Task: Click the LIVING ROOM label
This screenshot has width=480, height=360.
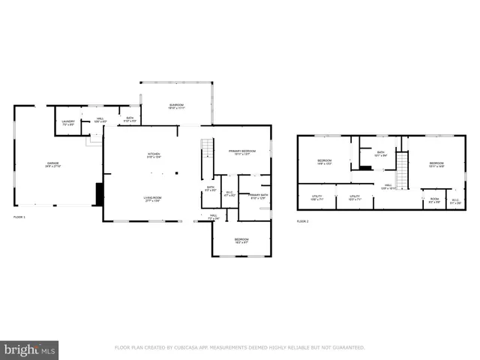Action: (153, 198)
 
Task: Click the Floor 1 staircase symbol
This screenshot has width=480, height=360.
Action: (207, 148)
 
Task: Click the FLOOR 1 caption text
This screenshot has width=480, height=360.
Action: (19, 217)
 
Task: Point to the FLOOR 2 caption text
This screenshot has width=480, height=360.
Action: (302, 221)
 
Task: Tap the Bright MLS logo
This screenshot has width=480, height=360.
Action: (29, 350)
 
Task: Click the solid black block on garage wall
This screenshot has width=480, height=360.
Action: (98, 194)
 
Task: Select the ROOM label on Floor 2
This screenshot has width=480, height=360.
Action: (434, 199)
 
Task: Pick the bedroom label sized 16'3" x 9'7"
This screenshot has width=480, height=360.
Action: (241, 241)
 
